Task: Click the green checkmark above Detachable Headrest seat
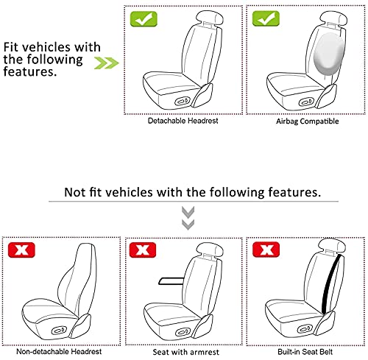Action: coord(144,19)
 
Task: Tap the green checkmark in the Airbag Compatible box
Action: coord(266,18)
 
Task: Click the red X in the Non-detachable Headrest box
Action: coord(21,250)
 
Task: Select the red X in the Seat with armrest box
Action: coord(143,250)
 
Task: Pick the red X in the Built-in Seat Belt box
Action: coord(266,250)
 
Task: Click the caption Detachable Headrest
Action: coord(183,121)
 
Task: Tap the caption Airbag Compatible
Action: coord(308,121)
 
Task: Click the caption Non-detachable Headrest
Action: coord(59,352)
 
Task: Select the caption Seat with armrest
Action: coord(186,352)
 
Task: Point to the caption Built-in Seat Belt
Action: coord(305,352)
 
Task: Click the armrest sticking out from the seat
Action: coord(171,281)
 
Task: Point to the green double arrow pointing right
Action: coord(107,63)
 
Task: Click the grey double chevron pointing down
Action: coord(188,218)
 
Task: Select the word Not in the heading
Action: coord(74,192)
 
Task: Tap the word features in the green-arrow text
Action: coord(30,71)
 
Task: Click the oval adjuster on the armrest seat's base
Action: coord(182,333)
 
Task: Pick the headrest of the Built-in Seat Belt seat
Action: coord(332,245)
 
